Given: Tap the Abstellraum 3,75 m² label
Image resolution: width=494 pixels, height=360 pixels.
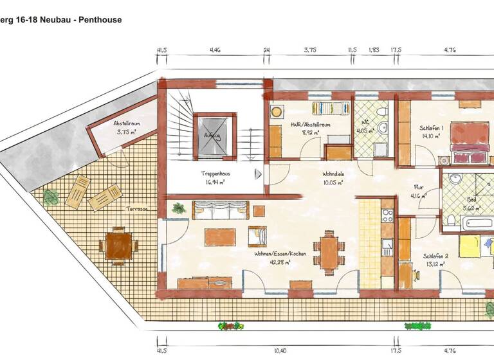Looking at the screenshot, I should point(126,127).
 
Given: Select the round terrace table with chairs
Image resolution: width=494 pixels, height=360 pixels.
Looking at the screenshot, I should point(118,245).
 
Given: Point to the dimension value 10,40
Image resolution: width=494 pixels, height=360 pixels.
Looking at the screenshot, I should point(280,350).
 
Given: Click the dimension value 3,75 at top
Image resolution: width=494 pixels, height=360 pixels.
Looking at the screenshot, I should point(310,50).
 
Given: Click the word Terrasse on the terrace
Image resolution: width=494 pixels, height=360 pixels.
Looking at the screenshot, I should point(137,209).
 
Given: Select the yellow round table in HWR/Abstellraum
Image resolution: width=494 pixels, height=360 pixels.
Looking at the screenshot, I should point(277,111).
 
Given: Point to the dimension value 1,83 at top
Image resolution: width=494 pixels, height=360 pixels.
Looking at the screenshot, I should point(374,50).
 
